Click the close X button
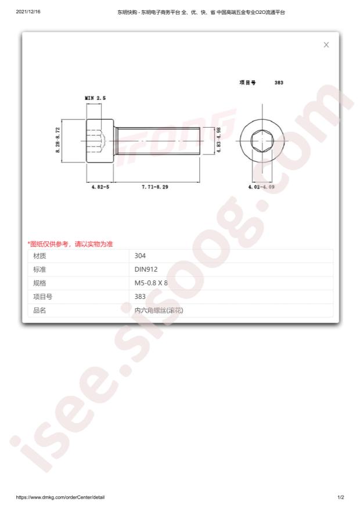(x=326, y=45)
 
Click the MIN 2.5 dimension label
(x=95, y=98)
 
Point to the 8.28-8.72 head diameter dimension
(x=58, y=140)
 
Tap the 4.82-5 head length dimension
(x=100, y=187)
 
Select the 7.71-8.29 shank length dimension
(x=155, y=187)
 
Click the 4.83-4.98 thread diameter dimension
(x=219, y=140)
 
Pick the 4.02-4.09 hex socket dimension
(x=261, y=187)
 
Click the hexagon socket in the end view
(x=262, y=140)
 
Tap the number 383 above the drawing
(x=279, y=82)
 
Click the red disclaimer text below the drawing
(x=70, y=244)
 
